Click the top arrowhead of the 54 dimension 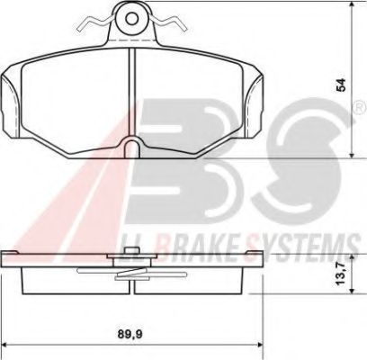tap(348, 7)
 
